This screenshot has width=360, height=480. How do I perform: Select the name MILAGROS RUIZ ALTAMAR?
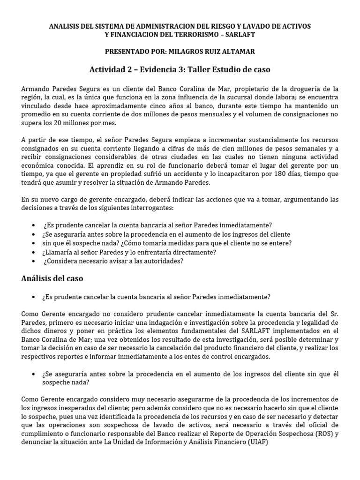(x=209, y=52)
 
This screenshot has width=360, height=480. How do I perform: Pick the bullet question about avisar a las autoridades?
(x=113, y=261)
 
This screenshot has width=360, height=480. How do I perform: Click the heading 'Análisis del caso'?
(x=52, y=278)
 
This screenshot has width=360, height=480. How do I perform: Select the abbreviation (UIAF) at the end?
(x=258, y=442)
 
